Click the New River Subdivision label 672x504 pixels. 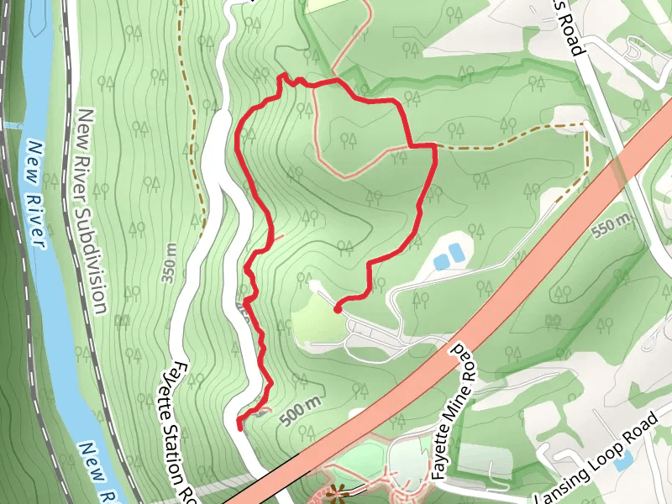click(x=92, y=211)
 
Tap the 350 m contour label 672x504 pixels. click(x=169, y=263)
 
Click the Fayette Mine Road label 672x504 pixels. click(x=454, y=412)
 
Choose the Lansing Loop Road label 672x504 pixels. click(x=596, y=459)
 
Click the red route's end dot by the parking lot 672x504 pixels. click(x=338, y=309)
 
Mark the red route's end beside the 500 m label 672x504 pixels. click(x=240, y=427)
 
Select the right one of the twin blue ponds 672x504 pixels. click(x=456, y=252)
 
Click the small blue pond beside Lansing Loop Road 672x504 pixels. click(x=623, y=462)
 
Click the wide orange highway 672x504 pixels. click(x=504, y=286)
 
